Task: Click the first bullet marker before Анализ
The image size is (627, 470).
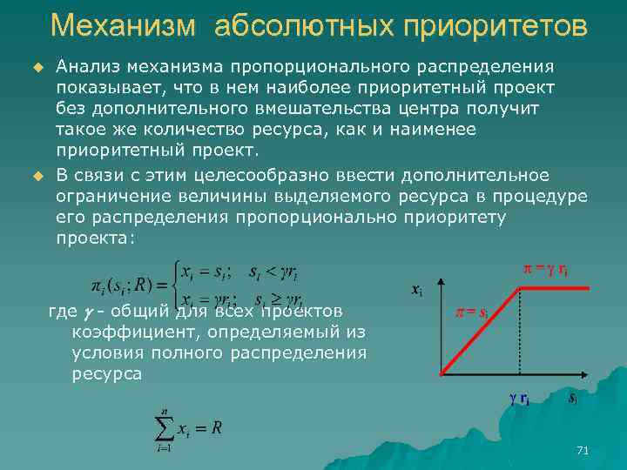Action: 37,66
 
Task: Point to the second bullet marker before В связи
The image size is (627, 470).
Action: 37,177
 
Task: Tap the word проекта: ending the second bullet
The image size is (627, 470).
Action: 96,238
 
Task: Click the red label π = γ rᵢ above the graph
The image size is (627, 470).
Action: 546,270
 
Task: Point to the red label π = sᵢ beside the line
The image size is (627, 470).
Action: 471,312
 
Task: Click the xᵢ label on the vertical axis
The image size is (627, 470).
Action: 416,290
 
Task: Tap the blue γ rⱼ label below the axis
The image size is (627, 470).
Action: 519,399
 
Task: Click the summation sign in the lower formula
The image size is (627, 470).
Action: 164,427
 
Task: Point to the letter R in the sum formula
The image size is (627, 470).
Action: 216,428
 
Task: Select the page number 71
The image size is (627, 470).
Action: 583,450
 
